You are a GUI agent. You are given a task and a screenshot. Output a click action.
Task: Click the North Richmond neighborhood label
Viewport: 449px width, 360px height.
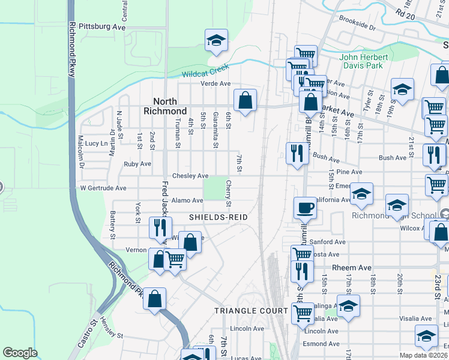[x=165, y=106]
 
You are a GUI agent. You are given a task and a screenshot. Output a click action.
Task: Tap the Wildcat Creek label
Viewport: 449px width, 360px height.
[x=206, y=73]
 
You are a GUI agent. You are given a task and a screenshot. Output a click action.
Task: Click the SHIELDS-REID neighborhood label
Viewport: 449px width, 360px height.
[x=218, y=216]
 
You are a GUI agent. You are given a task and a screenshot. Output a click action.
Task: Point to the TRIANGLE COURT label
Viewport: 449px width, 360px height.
[x=252, y=311]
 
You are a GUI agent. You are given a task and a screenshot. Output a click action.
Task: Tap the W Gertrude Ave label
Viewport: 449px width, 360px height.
[x=103, y=188]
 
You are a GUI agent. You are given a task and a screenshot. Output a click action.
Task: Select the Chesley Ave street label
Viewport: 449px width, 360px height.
[x=190, y=176]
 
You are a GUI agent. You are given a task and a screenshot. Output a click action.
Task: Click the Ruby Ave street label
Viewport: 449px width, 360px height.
[x=137, y=164]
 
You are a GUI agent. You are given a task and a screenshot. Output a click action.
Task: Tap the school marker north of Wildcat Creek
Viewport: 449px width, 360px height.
[x=216, y=40]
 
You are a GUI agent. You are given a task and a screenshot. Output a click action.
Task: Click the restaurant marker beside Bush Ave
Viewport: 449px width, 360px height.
[x=297, y=154]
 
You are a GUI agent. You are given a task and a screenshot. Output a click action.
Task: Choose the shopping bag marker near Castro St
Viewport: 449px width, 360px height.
[x=154, y=299]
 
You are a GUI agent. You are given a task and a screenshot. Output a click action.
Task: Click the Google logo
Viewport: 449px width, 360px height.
[x=20, y=353]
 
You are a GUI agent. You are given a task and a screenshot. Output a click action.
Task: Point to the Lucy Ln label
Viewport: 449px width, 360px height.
[x=96, y=143]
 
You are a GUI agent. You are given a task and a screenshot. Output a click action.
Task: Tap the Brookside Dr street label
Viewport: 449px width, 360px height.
[x=357, y=28]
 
